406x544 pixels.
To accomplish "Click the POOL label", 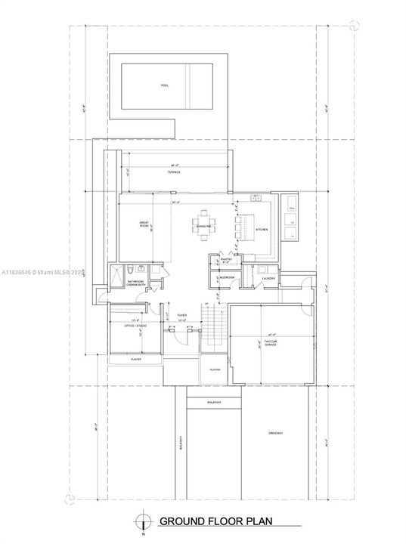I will coord(164,85).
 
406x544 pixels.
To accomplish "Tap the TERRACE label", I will coord(175,173).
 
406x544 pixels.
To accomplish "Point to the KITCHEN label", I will coord(261,229).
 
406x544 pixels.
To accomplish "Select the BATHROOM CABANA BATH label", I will coord(135,283).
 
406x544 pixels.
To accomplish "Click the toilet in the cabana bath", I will coord(131,270).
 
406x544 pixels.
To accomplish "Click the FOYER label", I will coord(181,315).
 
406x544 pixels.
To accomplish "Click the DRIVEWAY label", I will coord(275,433).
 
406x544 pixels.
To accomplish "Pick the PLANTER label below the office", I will coord(136,360).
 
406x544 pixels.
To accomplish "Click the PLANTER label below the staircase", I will coord(215,369).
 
